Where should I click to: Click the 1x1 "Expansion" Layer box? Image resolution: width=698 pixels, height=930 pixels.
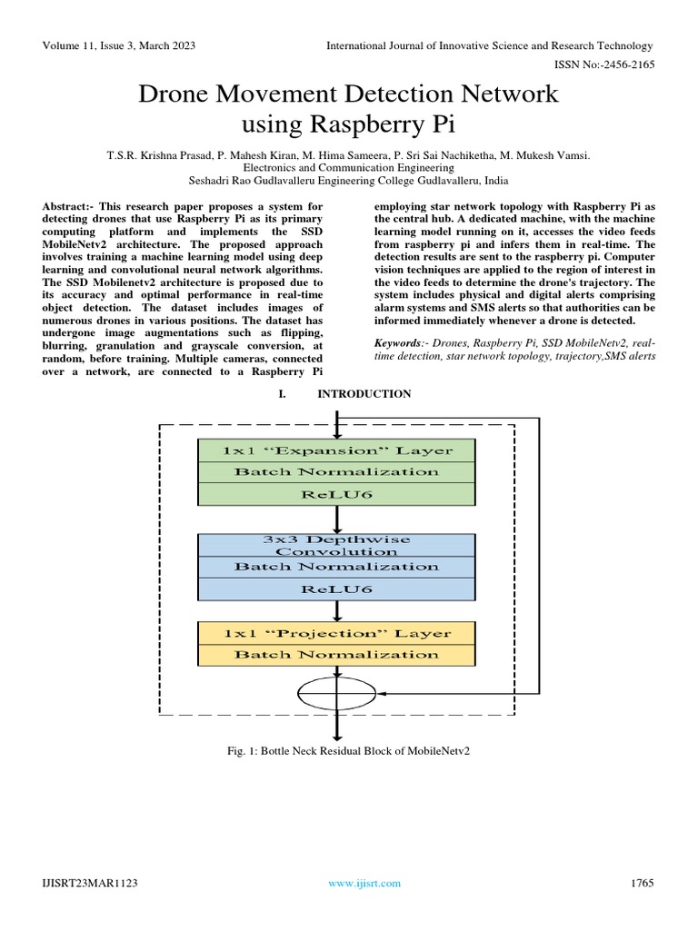tap(336, 450)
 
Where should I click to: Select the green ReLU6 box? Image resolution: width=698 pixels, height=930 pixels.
tap(336, 493)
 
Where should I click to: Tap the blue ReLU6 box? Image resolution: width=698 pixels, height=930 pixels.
tap(336, 588)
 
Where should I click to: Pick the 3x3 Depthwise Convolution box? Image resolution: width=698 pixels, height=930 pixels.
tap(336, 545)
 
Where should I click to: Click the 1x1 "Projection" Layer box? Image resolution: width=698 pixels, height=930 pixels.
tap(336, 632)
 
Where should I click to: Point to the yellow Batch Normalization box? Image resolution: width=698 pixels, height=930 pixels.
tap(336, 654)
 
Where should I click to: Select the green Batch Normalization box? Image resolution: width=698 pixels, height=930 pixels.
tap(336, 471)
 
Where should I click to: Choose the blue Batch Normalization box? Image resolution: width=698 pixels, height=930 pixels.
tap(336, 566)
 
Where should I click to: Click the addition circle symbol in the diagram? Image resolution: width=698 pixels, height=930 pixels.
tap(337, 695)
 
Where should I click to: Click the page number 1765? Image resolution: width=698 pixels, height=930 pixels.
tap(641, 883)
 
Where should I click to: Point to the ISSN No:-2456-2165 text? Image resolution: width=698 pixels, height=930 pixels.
tap(603, 65)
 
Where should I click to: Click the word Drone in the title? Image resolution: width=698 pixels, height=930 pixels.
tap(176, 94)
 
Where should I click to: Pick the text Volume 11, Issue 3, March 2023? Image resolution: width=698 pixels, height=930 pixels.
tap(118, 45)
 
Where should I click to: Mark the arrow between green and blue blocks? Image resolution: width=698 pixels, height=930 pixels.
tap(337, 519)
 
